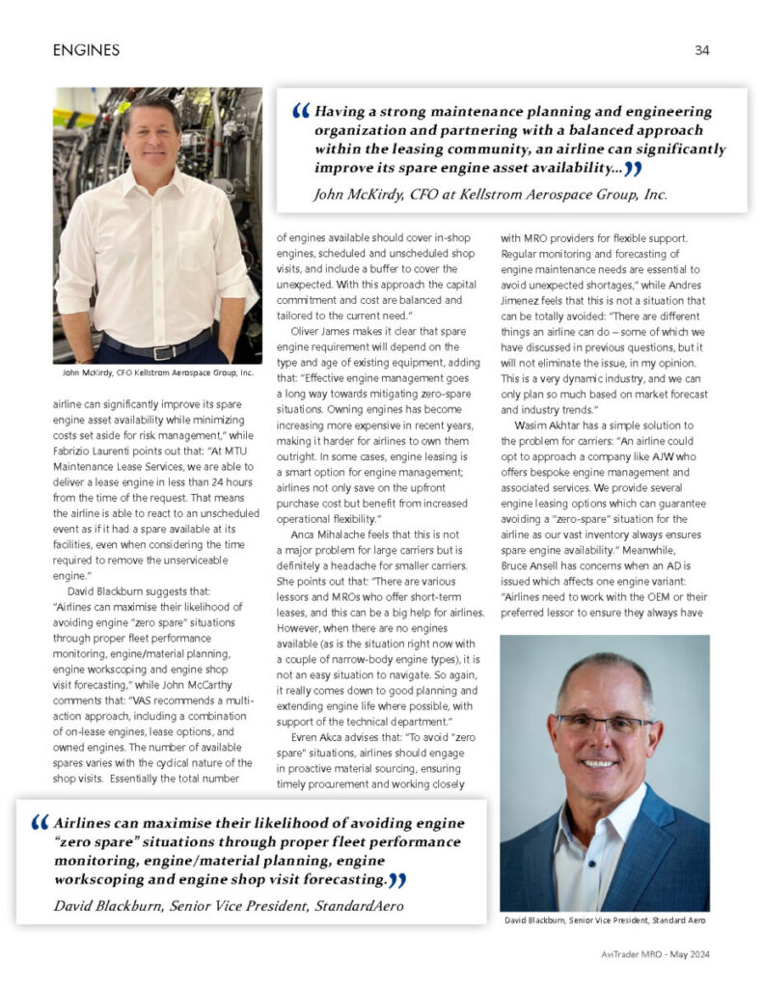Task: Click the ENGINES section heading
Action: tap(87, 50)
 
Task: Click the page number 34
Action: tap(701, 50)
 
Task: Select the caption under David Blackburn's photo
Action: tap(605, 920)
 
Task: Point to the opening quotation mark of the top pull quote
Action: tap(300, 113)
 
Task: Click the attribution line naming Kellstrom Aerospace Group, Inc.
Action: tap(490, 194)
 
